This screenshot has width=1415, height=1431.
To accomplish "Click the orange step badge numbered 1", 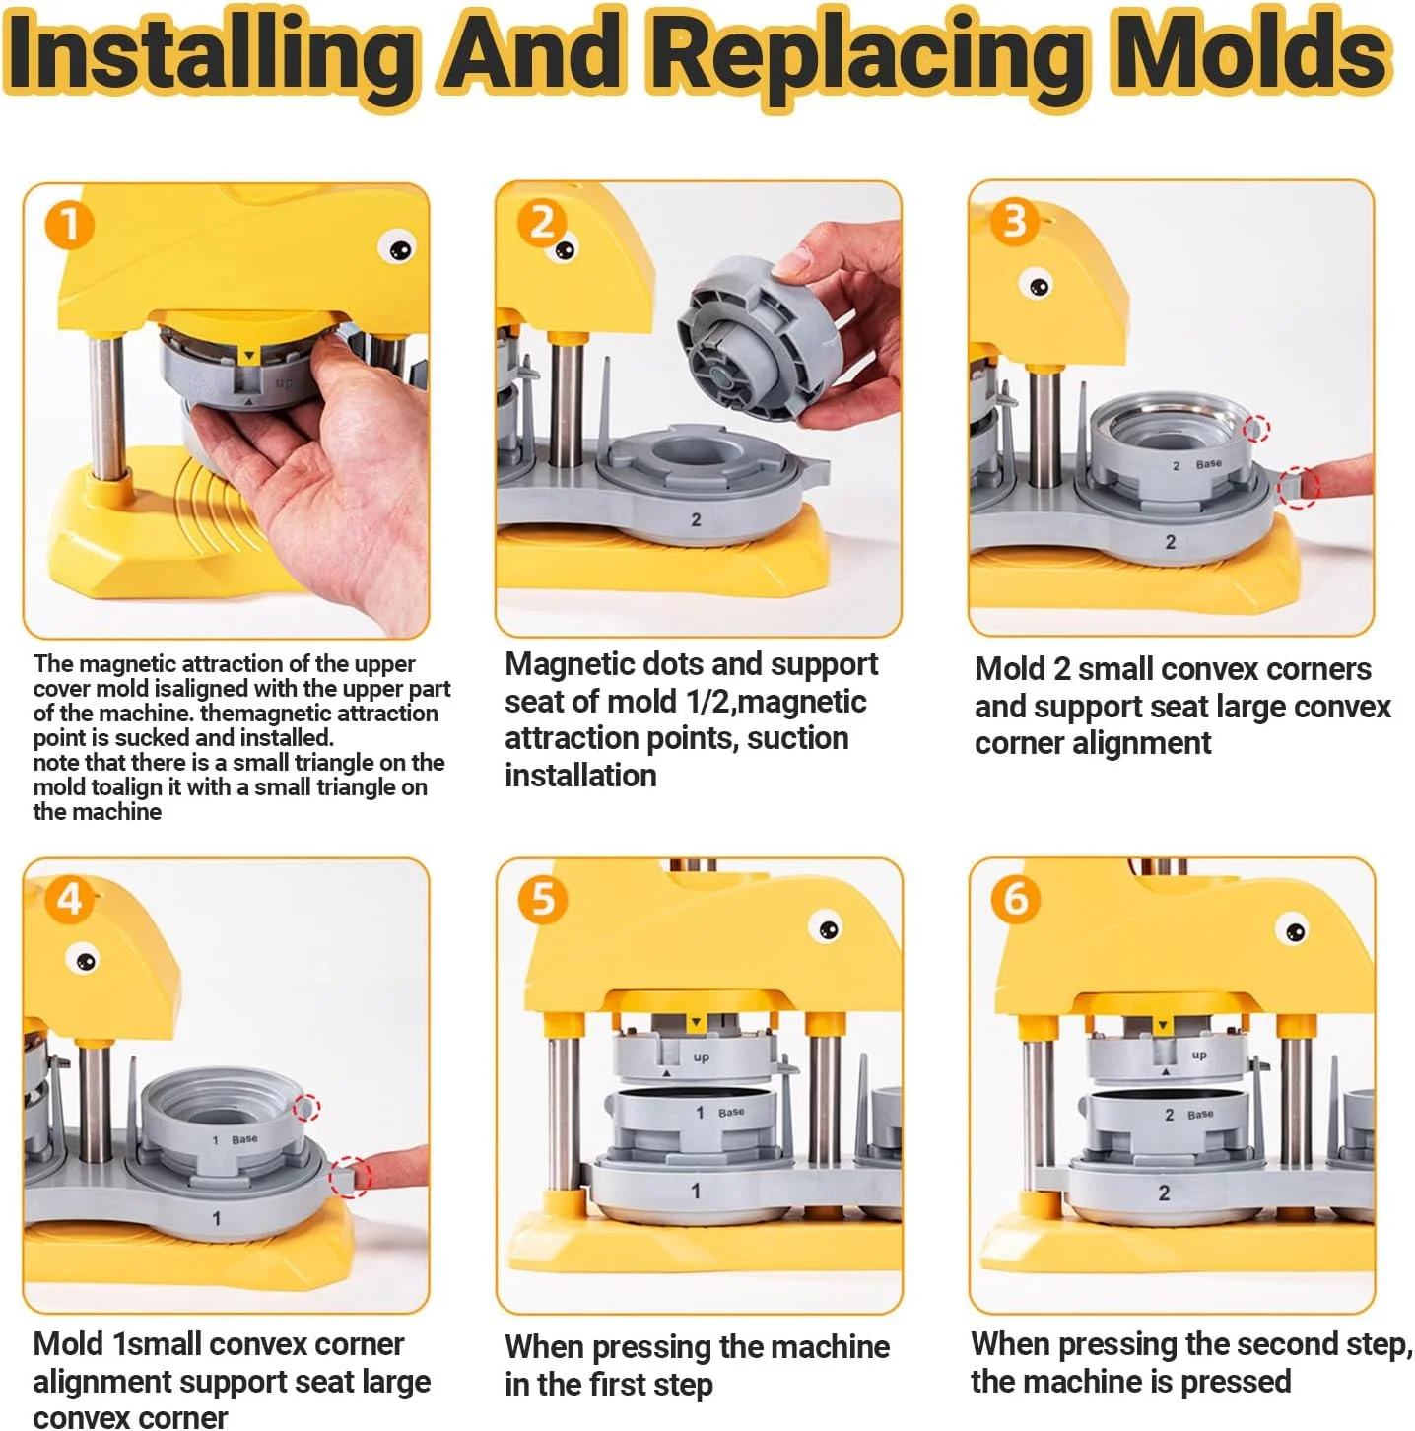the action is [x=69, y=225].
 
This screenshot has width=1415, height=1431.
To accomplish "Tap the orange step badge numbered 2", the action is [x=542, y=223].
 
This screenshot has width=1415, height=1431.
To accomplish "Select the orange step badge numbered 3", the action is [x=1014, y=222].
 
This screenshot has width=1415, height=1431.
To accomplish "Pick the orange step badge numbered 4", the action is [x=69, y=899].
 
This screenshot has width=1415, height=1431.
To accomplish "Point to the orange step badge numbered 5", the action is [x=543, y=900].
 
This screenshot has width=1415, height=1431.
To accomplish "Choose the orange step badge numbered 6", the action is [x=1015, y=899].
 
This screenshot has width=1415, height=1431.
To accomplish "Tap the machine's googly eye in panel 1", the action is [x=397, y=247].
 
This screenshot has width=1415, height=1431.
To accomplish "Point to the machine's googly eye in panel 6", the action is [x=1293, y=929].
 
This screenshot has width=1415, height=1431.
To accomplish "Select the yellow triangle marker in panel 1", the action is [x=249, y=357].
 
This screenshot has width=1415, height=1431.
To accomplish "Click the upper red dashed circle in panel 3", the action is [x=1256, y=429].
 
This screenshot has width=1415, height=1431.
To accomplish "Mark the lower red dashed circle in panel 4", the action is [x=349, y=1177].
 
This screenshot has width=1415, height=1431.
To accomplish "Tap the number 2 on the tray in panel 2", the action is [x=696, y=519].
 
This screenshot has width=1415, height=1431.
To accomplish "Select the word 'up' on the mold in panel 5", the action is [x=701, y=1056].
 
